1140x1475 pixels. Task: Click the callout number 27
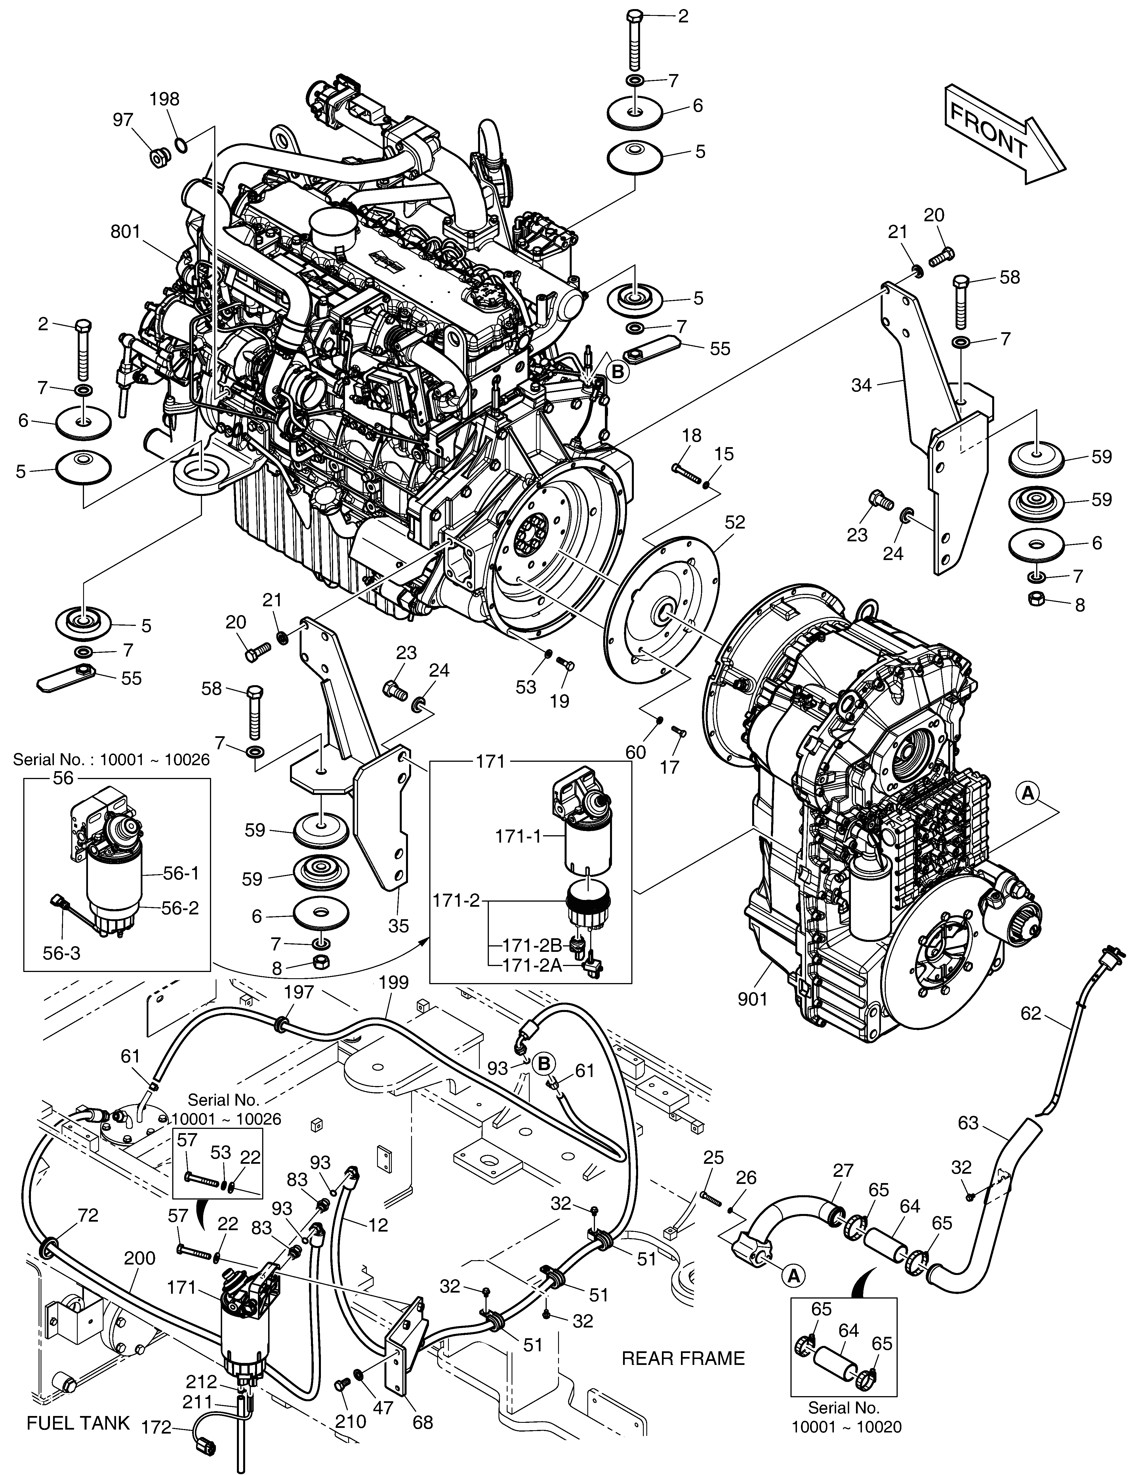844,1170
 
